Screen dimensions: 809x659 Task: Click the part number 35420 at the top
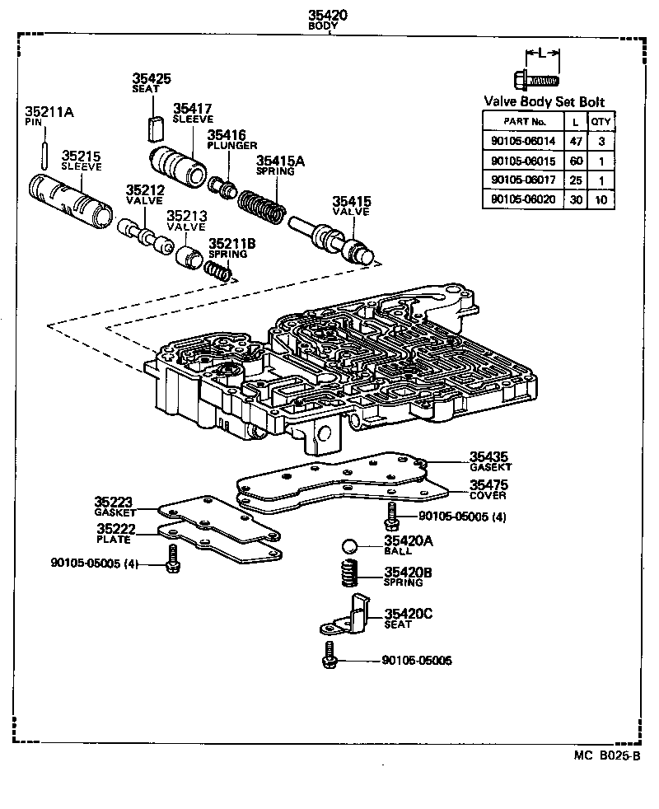point(328,15)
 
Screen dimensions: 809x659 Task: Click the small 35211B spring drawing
point(217,268)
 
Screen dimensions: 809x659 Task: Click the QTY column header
point(602,121)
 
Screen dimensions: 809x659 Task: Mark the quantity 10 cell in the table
point(602,199)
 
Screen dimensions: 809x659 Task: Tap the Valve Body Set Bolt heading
point(544,102)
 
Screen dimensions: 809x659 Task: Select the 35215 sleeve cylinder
point(70,200)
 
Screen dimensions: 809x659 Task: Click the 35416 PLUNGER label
point(231,139)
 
